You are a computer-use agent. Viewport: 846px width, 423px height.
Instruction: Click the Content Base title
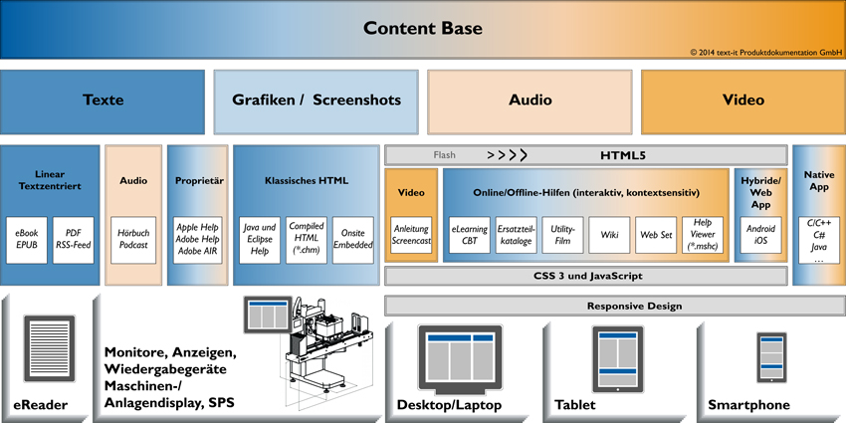(x=422, y=28)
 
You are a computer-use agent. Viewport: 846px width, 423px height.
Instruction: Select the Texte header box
(x=103, y=101)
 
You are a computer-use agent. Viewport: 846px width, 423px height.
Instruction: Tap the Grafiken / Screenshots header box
(x=316, y=101)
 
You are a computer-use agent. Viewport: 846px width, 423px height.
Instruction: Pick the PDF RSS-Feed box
(x=73, y=240)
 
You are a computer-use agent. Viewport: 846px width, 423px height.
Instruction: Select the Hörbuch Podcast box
(x=132, y=240)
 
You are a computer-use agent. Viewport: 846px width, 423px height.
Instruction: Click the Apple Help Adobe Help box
(x=198, y=240)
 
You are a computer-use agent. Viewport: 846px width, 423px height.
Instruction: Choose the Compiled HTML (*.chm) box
(x=306, y=240)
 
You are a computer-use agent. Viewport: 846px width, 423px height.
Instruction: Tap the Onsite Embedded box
(x=353, y=240)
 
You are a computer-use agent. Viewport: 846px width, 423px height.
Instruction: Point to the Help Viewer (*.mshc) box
(x=703, y=235)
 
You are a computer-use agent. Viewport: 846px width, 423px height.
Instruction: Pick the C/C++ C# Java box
(x=818, y=240)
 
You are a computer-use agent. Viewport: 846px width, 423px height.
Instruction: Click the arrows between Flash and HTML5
(x=507, y=155)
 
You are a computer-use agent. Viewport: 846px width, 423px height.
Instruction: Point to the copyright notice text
(x=764, y=51)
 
